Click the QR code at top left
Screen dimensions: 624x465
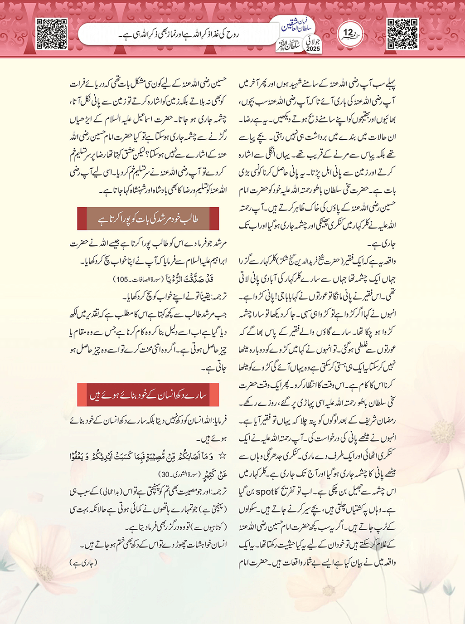coord(52,34)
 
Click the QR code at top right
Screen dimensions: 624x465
coord(402,34)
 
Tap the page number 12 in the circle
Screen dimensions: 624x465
coord(348,33)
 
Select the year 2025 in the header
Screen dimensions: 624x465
coord(313,49)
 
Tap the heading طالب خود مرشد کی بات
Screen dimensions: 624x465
coord(148,219)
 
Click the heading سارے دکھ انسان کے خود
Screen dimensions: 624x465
coord(148,395)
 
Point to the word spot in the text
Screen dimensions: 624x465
coord(265,491)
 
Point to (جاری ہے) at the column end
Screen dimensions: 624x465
coord(83,563)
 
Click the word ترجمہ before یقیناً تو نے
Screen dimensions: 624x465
coord(217,297)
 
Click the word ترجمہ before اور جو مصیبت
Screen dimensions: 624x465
coord(217,491)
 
